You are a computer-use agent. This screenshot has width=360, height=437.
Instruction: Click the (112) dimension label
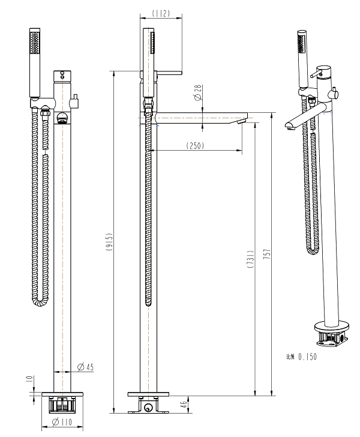point(161,11)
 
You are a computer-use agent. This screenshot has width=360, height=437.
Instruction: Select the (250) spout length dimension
point(195,145)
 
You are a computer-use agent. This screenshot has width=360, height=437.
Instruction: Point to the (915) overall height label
point(107,240)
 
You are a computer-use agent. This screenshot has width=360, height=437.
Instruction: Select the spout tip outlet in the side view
point(242,122)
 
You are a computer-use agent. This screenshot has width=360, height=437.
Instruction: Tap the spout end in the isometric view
point(290,125)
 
